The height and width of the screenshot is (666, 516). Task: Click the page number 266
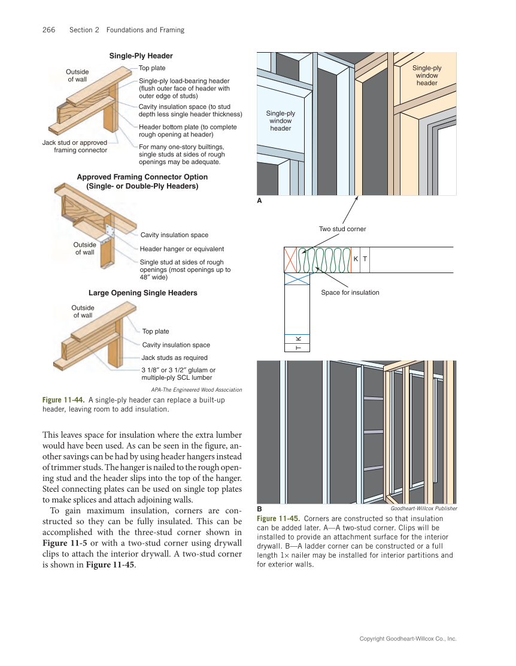(48, 30)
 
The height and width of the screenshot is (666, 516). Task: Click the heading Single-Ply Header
(141, 56)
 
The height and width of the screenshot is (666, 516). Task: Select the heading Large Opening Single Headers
(142, 293)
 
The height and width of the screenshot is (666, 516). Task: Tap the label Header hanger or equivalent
(181, 249)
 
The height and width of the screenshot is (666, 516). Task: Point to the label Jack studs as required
(174, 358)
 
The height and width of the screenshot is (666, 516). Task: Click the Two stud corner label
(342, 229)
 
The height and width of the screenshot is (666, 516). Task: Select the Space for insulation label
(350, 292)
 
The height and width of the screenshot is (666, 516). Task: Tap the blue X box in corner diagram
(297, 278)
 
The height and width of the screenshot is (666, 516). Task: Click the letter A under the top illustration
(259, 201)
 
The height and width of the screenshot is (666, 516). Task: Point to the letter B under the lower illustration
(259, 508)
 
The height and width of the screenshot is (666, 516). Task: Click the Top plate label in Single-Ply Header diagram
(152, 68)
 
